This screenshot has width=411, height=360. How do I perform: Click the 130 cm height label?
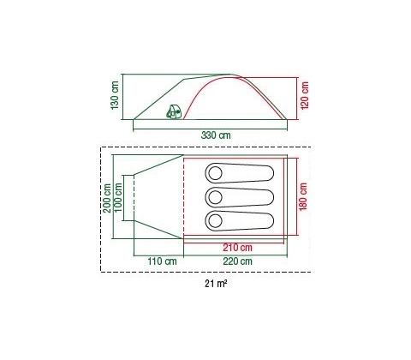coord(115,95)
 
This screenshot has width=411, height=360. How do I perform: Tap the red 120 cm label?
coord(305,95)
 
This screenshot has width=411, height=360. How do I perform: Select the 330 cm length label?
coord(216,135)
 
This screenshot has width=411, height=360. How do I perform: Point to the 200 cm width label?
coord(107,198)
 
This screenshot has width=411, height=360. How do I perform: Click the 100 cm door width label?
coord(118,197)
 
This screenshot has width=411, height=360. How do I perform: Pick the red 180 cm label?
coord(303,197)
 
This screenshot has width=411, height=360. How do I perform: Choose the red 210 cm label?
coord(237,248)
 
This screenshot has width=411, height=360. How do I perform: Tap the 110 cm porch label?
coord(162,261)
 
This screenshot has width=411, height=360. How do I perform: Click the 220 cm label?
coord(237,261)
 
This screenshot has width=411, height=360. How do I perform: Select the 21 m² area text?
coord(216,284)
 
